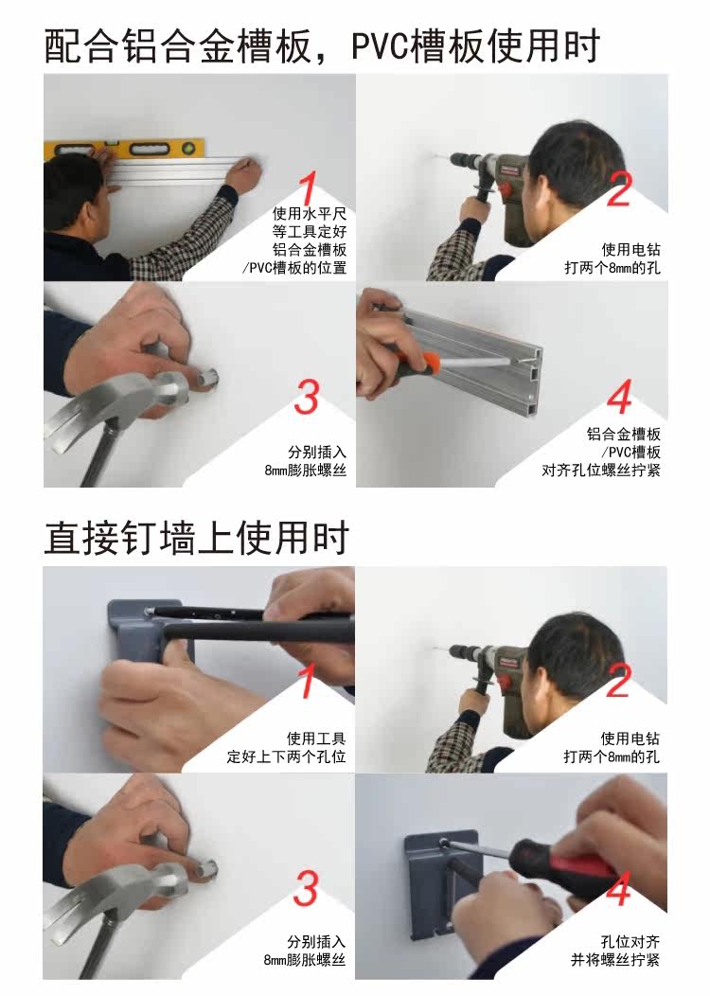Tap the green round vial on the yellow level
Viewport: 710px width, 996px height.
coord(188,150)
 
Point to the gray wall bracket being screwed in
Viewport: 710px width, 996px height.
coord(443,885)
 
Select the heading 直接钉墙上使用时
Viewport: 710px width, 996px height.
coord(196,538)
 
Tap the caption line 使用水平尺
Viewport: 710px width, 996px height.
coord(310,213)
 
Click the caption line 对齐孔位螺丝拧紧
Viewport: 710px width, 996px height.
coord(601,470)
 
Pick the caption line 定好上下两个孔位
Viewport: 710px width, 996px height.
coord(287,756)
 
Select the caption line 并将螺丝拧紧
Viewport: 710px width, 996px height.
coord(614,959)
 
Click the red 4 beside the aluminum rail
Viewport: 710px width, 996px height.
coord(619,396)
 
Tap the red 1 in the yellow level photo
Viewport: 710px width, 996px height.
coord(308,188)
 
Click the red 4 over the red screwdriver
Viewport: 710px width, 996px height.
coord(618,888)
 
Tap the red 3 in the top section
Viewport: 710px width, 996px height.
coord(306,397)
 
